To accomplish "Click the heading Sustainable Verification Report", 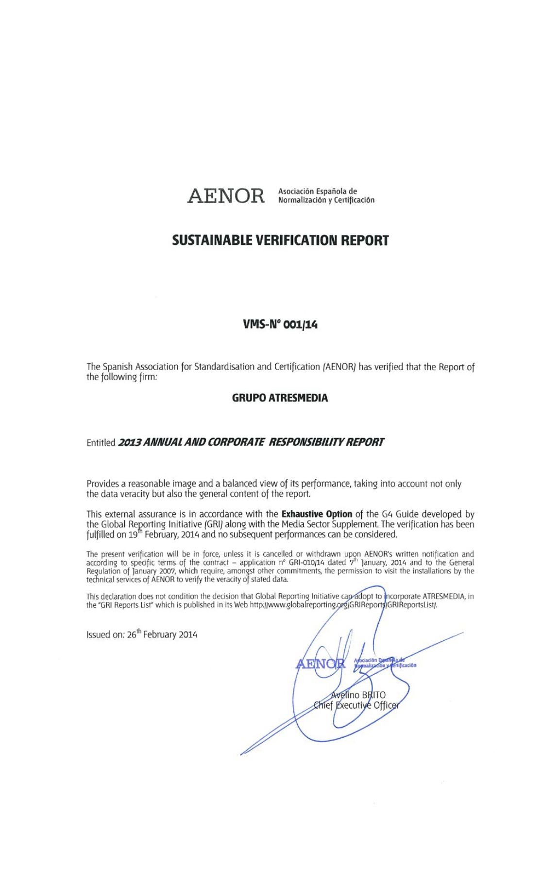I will pos(280,240).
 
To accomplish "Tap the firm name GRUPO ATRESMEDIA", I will pos(279,398).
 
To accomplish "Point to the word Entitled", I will pos(101,443).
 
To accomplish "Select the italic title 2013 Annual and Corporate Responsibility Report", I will pos(251,442).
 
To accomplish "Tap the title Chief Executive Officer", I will pos(356,705).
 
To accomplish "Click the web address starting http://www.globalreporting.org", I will pos(343,605).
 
